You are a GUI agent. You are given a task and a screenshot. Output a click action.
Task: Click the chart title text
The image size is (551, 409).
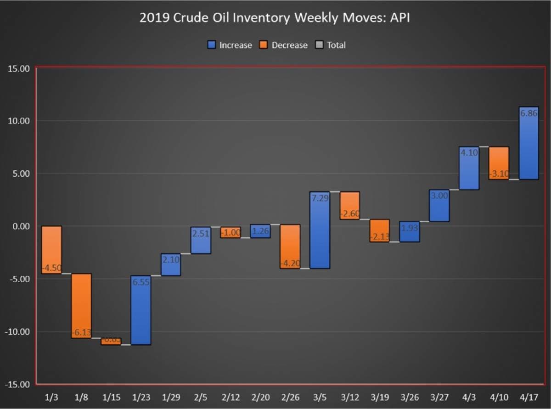coord(275,18)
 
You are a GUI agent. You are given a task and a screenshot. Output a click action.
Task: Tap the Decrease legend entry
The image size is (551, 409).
coord(284,45)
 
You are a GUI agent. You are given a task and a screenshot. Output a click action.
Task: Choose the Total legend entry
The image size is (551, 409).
coord(331,45)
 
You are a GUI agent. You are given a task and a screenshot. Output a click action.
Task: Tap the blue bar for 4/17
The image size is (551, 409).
coord(529,147)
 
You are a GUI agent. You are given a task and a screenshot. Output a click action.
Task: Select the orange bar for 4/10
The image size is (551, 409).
coord(499,161)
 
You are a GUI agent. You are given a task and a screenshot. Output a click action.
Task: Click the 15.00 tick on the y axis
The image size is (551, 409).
coord(19,69)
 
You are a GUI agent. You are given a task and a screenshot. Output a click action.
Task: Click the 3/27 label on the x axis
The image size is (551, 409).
coord(439,397)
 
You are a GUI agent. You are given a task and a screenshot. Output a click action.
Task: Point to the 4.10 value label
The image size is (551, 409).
coord(469,153)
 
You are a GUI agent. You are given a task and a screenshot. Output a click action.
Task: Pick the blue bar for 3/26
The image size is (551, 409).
coord(409,232)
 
